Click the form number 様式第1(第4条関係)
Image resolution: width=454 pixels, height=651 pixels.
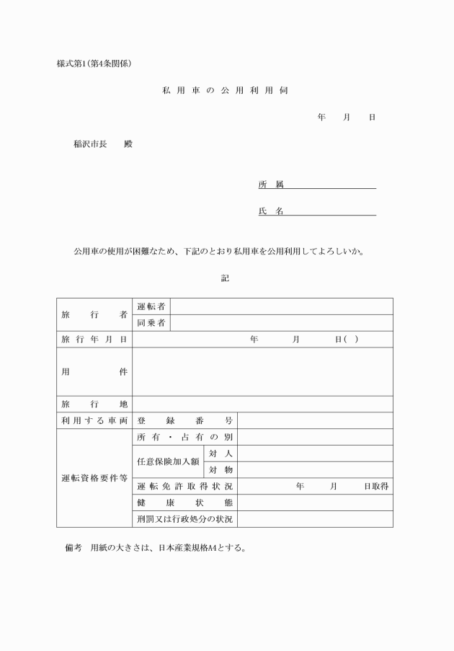(94, 63)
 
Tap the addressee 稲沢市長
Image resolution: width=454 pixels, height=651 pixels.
(90, 143)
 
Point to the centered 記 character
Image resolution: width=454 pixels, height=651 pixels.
(226, 278)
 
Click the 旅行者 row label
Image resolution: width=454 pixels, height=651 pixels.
(94, 315)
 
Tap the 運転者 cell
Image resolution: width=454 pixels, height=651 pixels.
(151, 306)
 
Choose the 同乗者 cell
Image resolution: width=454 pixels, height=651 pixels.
(151, 323)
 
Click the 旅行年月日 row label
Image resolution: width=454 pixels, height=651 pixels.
(94, 340)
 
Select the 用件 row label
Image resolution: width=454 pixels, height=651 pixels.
(94, 371)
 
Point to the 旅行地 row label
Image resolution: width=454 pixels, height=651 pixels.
(94, 404)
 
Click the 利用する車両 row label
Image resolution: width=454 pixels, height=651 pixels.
(94, 420)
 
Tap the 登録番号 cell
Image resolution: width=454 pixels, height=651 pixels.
(185, 420)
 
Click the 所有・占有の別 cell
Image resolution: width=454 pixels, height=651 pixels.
(185, 437)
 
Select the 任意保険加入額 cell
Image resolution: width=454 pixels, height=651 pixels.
(168, 461)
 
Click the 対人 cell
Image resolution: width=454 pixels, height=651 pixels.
(221, 453)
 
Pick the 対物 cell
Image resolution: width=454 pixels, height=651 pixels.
(221, 470)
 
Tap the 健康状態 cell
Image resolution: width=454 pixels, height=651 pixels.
(185, 502)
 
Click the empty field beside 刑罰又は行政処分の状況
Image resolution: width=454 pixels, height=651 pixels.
(315, 519)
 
